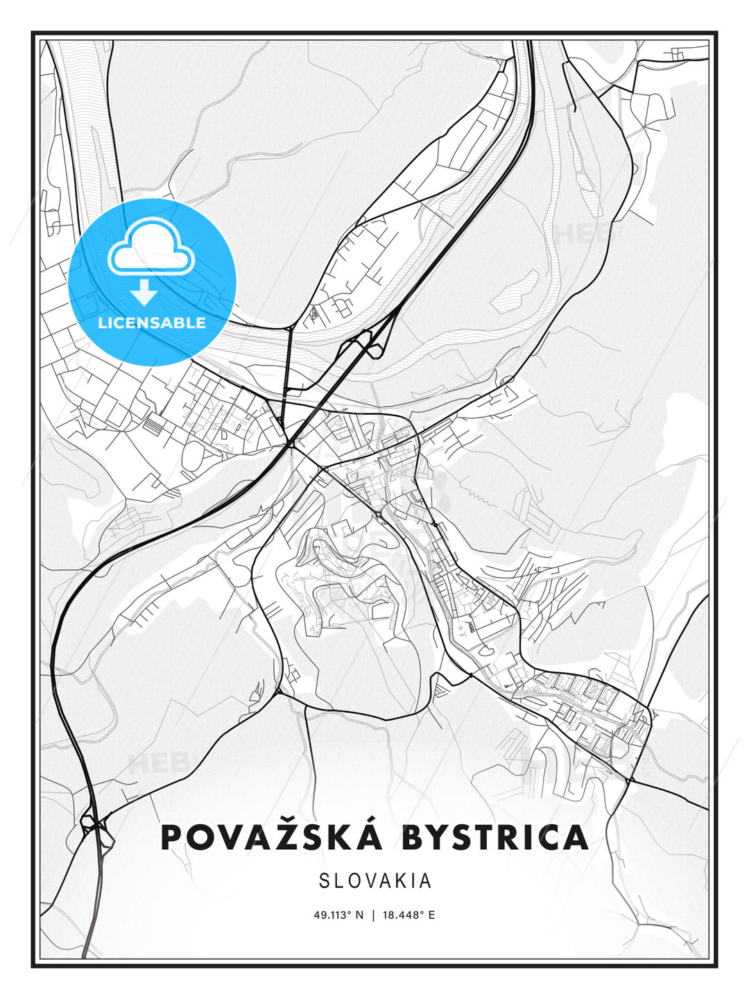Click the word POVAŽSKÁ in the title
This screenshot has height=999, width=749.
pos(271,837)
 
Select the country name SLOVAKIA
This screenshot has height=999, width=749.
pos(375,881)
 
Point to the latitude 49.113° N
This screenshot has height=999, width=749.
pos(338,915)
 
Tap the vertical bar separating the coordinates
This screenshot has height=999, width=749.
pos(373,915)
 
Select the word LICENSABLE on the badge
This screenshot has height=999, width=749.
pos(152,323)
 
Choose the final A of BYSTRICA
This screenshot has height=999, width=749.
pos(575,837)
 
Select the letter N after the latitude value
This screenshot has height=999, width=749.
pos(359,915)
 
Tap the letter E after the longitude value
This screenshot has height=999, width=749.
pos(431,915)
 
